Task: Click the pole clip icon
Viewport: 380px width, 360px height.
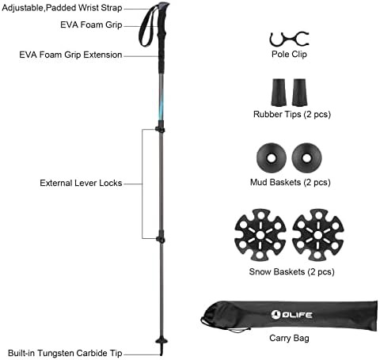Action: click(x=289, y=40)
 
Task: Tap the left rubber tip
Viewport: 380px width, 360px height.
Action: click(x=279, y=93)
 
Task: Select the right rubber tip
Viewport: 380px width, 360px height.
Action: click(x=299, y=93)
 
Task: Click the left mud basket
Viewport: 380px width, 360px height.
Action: click(x=272, y=158)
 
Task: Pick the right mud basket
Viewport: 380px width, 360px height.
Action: click(x=306, y=158)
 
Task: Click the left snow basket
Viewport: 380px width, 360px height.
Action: click(x=260, y=234)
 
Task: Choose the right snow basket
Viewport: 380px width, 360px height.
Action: click(x=318, y=234)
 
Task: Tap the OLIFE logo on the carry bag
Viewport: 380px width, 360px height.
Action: click(x=291, y=314)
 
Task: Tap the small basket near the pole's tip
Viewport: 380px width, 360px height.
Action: click(x=161, y=341)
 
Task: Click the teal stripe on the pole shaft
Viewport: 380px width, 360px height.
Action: click(x=161, y=104)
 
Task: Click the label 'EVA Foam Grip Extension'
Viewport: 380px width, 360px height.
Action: click(x=70, y=55)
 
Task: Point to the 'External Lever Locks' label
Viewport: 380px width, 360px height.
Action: click(x=81, y=183)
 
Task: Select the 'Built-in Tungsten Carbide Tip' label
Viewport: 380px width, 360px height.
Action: click(x=65, y=353)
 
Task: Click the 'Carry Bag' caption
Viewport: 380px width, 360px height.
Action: click(x=289, y=339)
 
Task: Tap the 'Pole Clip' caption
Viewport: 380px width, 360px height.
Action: click(x=289, y=55)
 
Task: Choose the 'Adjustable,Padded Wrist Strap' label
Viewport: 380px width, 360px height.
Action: click(x=62, y=8)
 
